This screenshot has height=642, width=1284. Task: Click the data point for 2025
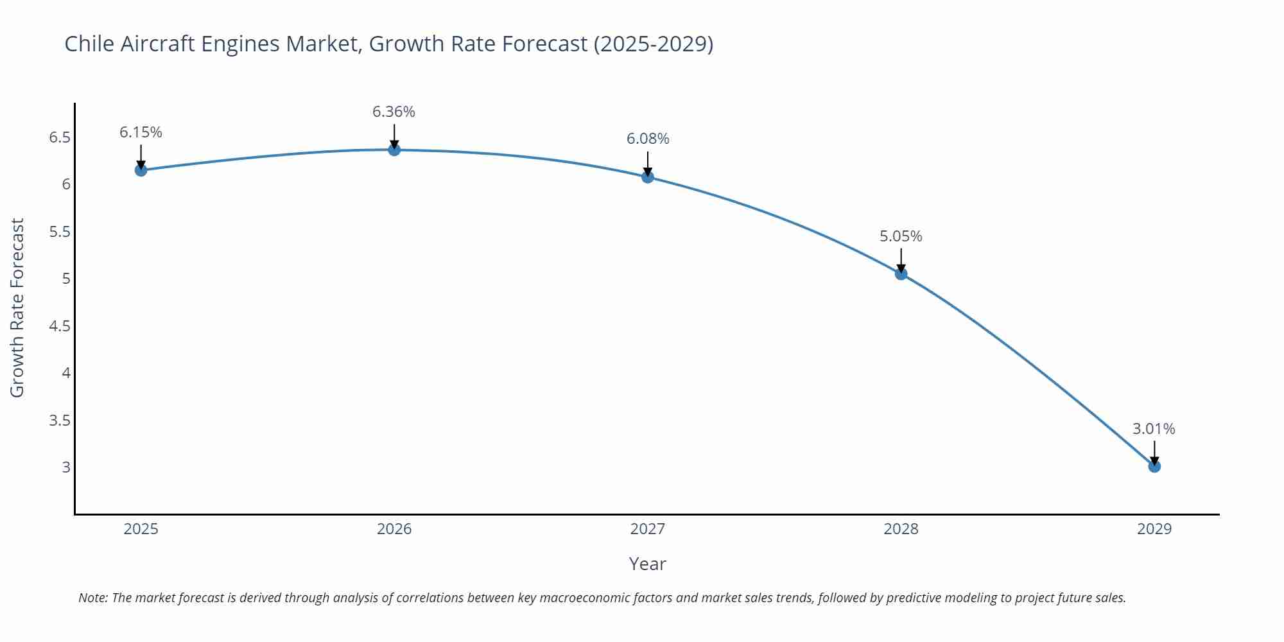(141, 170)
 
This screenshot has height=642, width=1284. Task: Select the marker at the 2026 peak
(394, 150)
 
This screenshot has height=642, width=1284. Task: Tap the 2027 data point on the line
(647, 177)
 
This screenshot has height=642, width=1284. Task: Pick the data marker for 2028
(901, 273)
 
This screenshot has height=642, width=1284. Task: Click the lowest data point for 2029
(1154, 466)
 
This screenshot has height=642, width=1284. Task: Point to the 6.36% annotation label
(394, 112)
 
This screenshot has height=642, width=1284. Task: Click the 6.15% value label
(141, 132)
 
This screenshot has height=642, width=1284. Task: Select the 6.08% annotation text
(647, 139)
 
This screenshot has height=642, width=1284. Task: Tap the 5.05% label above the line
(901, 236)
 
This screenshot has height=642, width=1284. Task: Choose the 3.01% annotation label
(1154, 429)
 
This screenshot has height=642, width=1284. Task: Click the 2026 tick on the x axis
(394, 529)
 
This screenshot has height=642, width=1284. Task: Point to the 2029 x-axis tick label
(1154, 529)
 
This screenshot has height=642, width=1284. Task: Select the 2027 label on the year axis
(647, 529)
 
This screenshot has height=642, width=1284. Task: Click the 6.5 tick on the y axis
(60, 137)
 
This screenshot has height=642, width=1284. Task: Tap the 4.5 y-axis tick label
(60, 326)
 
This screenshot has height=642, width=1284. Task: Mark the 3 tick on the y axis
(66, 467)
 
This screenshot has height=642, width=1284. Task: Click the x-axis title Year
(647, 564)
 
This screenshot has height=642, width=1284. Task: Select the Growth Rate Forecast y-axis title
(17, 308)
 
